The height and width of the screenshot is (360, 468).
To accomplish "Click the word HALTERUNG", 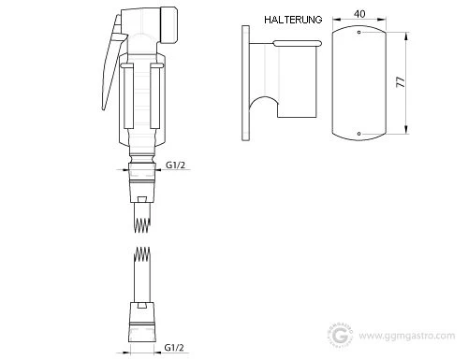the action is point(293,20).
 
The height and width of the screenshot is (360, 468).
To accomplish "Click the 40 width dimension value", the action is point(359,14).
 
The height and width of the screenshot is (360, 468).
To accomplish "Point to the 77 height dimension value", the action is point(401,81).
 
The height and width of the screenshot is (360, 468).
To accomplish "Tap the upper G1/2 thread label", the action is point(175,165).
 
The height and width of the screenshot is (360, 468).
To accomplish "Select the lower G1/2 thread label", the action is point(174,347).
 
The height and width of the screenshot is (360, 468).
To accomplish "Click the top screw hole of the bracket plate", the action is point(359,32).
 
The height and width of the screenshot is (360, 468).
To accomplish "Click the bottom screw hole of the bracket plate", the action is point(359,134).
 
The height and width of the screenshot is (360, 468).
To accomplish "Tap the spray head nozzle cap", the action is point(169,25).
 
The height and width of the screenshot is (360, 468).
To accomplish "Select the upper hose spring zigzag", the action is point(142,225).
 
